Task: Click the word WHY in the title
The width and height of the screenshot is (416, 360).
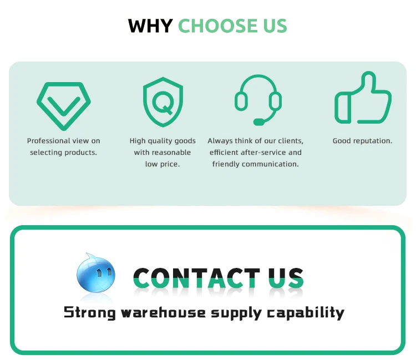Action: pos(150,26)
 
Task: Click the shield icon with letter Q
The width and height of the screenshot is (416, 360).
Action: pos(163,103)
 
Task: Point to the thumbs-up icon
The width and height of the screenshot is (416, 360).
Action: pos(363,98)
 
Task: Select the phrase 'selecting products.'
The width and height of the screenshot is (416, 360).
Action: pos(63,153)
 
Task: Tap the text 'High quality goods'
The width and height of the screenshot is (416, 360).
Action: pos(163,141)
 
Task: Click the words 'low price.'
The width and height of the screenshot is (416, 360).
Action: pos(163,164)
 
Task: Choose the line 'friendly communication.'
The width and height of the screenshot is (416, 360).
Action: pos(255,164)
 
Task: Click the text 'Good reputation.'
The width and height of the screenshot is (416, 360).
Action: pos(362,141)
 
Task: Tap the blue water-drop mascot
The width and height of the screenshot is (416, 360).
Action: pos(96,273)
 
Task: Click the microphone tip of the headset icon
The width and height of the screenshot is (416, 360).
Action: pos(258,121)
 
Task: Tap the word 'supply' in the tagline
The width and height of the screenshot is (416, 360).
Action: pos(236,313)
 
